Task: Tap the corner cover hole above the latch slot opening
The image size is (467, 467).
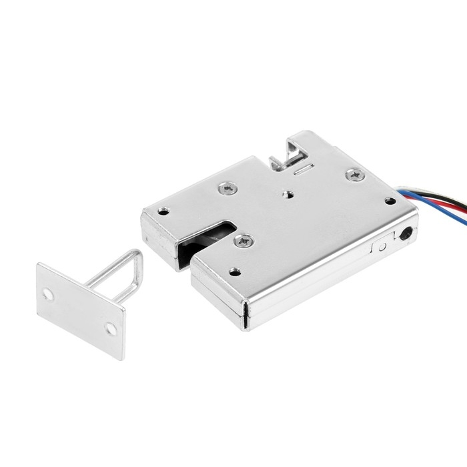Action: [x=163, y=212]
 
